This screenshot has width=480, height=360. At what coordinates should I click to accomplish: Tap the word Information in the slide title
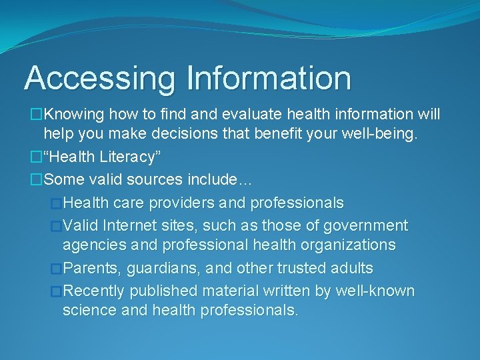(269, 78)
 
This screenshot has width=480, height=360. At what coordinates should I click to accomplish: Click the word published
(163, 291)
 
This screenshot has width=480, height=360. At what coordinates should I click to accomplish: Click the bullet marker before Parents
(56, 269)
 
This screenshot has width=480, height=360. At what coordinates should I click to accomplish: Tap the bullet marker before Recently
(56, 291)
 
